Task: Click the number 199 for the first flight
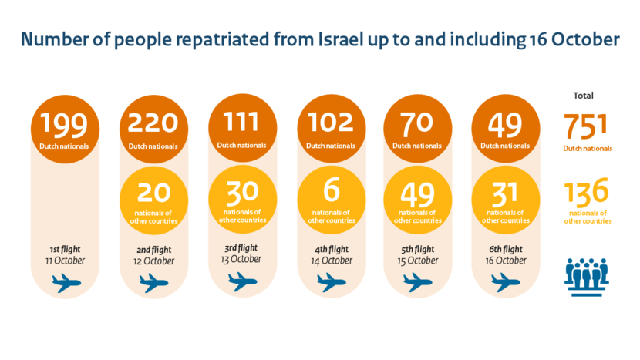click(65, 123)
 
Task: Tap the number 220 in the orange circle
click(153, 123)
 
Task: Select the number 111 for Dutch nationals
click(242, 121)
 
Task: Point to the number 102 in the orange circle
click(330, 123)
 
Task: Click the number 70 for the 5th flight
click(417, 123)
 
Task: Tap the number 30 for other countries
click(242, 190)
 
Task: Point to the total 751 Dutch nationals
click(587, 126)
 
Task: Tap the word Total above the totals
click(584, 96)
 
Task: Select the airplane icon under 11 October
click(66, 284)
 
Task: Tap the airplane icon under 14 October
click(330, 284)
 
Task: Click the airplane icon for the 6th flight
click(506, 284)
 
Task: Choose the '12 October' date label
click(153, 261)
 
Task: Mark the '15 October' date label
click(418, 261)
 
